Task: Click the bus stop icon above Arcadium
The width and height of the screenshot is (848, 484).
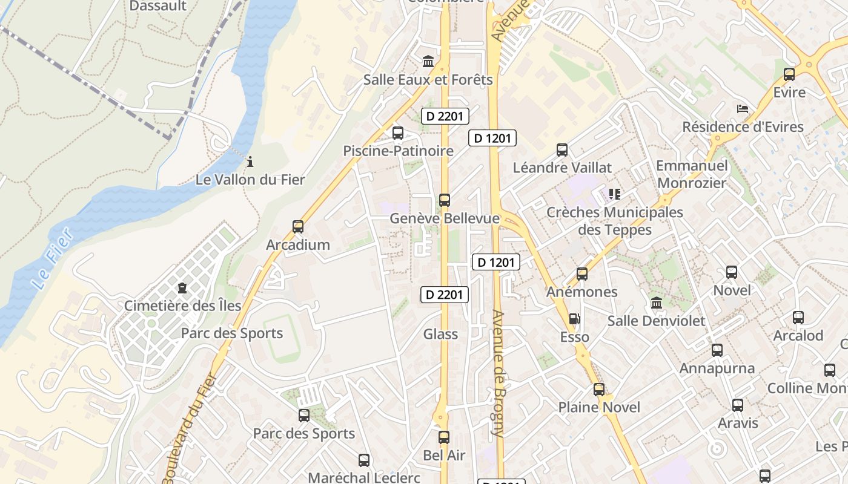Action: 297,227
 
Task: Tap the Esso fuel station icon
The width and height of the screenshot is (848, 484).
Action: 574,319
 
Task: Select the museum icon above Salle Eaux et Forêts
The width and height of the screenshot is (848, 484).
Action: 428,61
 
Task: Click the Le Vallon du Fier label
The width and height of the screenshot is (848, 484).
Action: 250,180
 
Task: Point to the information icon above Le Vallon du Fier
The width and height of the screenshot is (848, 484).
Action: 250,162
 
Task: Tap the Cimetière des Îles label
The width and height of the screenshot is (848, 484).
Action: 182,306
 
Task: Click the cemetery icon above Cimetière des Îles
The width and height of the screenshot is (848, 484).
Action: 182,288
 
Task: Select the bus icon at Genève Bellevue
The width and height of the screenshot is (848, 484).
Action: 445,200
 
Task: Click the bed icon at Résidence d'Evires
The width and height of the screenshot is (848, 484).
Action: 743,109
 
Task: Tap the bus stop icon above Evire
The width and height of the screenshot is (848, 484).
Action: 789,74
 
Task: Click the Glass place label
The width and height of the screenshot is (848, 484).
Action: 440,334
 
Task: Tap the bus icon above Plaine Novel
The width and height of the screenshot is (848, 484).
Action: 599,390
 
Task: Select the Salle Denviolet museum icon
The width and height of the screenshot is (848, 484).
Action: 657,302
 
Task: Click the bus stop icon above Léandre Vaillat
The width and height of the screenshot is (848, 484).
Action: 562,149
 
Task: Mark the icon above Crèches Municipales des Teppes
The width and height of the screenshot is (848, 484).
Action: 615,194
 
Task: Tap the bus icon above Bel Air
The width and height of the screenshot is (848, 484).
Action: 444,437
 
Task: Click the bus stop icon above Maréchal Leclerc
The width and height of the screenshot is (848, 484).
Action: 363,460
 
